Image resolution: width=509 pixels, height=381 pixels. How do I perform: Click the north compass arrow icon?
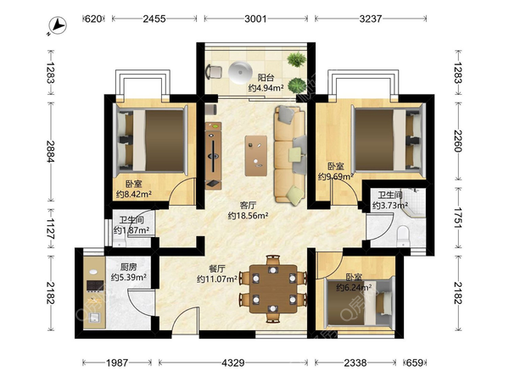[x=57, y=25]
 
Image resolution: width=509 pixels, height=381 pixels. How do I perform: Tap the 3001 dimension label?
[x=255, y=19]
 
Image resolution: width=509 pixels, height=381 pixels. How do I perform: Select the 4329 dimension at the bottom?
[x=233, y=362]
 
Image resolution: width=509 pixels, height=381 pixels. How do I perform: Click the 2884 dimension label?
[x=51, y=152]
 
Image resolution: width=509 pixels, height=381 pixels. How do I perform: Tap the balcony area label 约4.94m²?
[x=266, y=88]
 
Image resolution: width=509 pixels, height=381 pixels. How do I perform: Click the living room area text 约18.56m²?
[x=248, y=215]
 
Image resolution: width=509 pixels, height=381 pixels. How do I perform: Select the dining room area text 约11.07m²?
[x=217, y=279]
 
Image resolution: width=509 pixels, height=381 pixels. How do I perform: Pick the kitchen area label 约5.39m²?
[x=129, y=278]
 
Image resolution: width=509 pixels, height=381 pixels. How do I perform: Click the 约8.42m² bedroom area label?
[x=134, y=194]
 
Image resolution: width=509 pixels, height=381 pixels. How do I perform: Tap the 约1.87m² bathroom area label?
[x=131, y=230]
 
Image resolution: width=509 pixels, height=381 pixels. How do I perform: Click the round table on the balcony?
[x=240, y=72]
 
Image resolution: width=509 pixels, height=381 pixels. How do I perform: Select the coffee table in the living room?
[x=256, y=156]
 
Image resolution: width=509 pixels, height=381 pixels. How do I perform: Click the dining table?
[x=273, y=289]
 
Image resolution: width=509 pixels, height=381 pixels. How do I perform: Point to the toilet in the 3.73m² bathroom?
[x=403, y=236]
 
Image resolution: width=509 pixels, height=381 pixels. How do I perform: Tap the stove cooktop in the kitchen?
[x=95, y=286]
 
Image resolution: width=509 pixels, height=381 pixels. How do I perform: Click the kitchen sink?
[x=95, y=317]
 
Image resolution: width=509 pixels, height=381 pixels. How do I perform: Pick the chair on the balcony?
[x=214, y=72]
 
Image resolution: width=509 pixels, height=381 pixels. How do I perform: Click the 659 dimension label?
[x=415, y=362]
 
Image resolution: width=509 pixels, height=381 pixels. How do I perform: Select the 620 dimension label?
[x=93, y=19]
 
